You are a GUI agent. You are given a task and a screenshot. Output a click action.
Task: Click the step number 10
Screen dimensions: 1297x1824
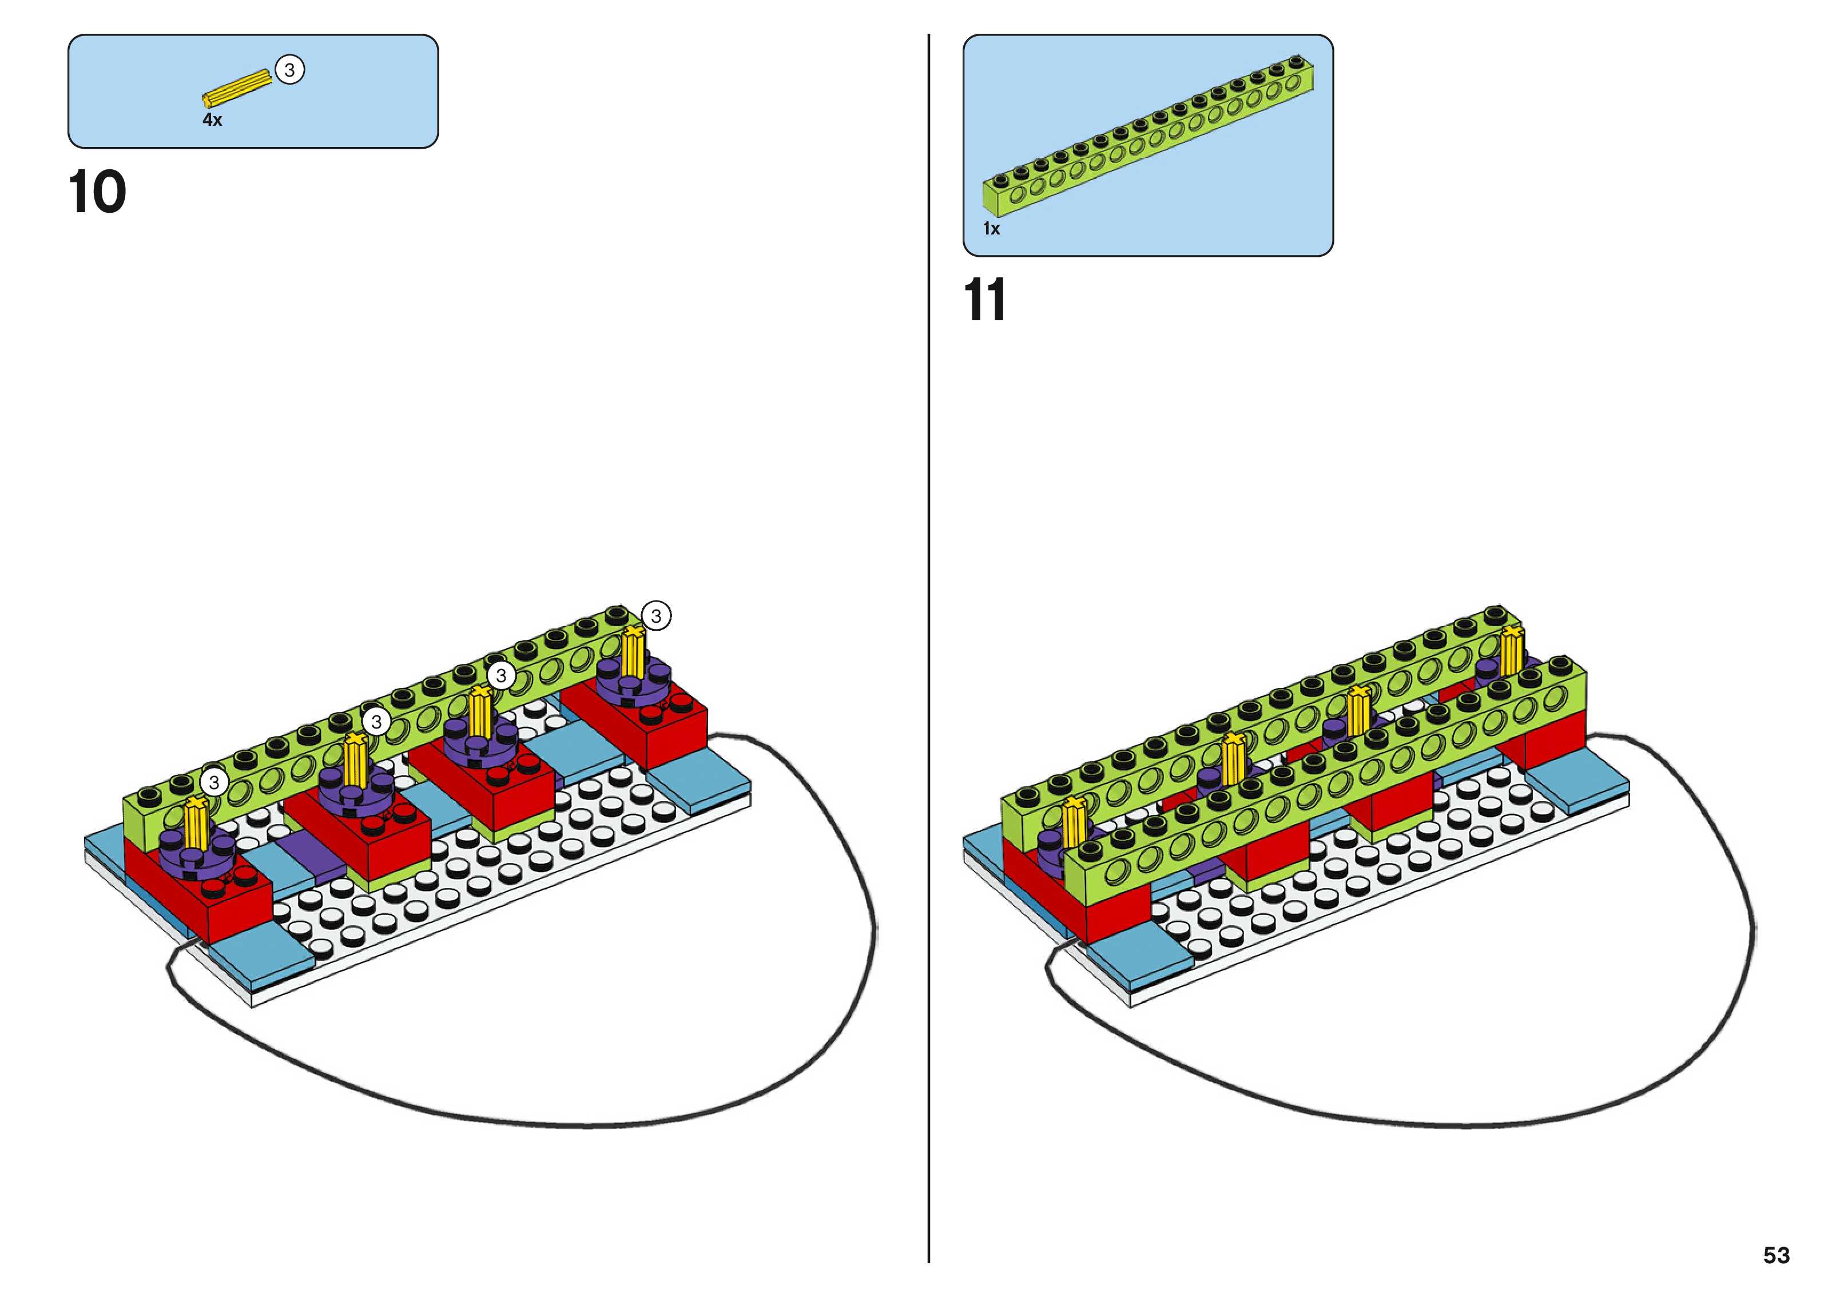point(97,193)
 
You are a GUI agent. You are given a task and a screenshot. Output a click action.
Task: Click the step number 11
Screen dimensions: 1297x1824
point(985,300)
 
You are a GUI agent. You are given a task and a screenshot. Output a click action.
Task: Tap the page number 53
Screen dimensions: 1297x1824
point(1776,1255)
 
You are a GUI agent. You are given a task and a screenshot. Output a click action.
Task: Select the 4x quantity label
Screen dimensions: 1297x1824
point(212,120)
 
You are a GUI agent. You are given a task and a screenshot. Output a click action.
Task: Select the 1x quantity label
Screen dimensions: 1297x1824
point(991,229)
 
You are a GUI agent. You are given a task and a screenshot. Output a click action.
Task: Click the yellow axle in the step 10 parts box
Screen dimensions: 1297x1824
point(237,88)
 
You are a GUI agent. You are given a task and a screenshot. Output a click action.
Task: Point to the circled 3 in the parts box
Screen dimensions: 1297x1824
point(290,70)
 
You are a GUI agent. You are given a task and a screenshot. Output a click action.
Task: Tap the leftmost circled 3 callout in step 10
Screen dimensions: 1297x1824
point(213,782)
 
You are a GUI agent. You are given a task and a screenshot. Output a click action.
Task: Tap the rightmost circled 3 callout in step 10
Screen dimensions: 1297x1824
point(655,616)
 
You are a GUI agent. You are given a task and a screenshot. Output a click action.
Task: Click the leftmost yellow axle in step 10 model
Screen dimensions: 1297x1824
point(195,824)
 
